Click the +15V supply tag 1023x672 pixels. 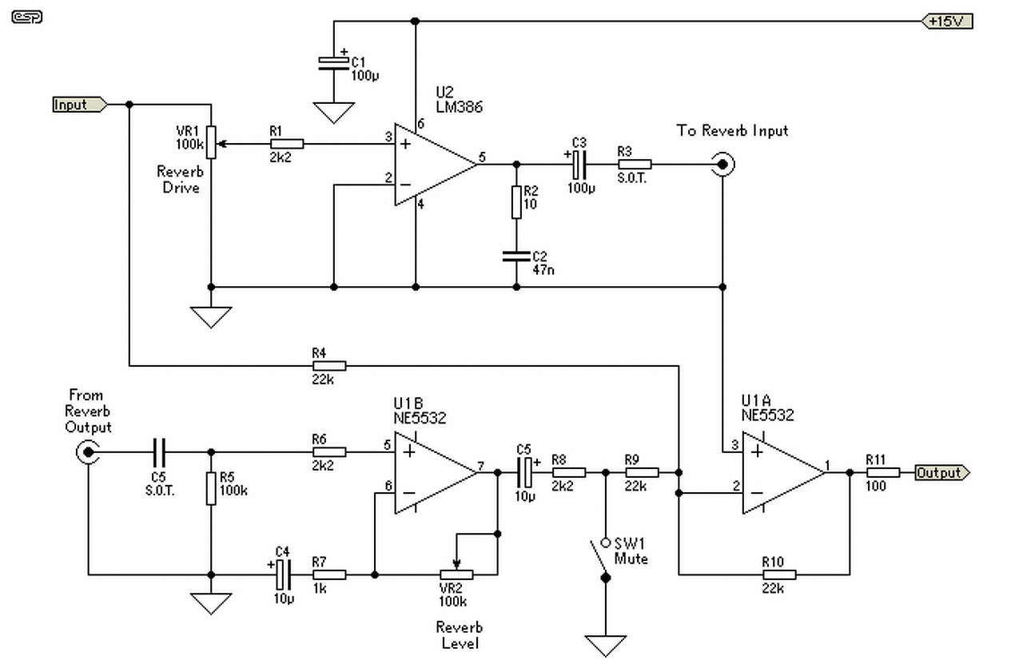pyautogui.click(x=947, y=22)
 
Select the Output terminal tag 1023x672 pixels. pyautogui.click(x=942, y=472)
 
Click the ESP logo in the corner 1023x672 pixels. pyautogui.click(x=27, y=18)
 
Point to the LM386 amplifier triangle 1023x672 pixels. pyautogui.click(x=436, y=165)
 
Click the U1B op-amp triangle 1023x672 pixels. pyautogui.click(x=436, y=472)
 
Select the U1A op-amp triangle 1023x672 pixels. pyautogui.click(x=783, y=472)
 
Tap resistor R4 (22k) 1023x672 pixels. pyautogui.click(x=329, y=366)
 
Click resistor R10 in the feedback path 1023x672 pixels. pyautogui.click(x=779, y=575)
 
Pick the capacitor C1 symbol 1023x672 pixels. pyautogui.click(x=333, y=64)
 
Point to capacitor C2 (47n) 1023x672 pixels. pyautogui.click(x=516, y=256)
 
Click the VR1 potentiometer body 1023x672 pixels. pyautogui.click(x=211, y=142)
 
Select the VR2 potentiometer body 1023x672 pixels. pyautogui.click(x=456, y=575)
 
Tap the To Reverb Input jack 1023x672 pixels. pyautogui.click(x=722, y=164)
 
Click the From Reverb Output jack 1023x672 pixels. pyautogui.click(x=88, y=452)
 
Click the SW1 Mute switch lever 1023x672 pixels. pyautogui.click(x=599, y=559)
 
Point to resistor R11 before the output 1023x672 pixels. pyautogui.click(x=883, y=472)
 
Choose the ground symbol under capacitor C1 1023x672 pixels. pyautogui.click(x=333, y=113)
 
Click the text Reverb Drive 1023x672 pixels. pyautogui.click(x=181, y=180)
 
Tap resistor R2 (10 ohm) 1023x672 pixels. pyautogui.click(x=516, y=202)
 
